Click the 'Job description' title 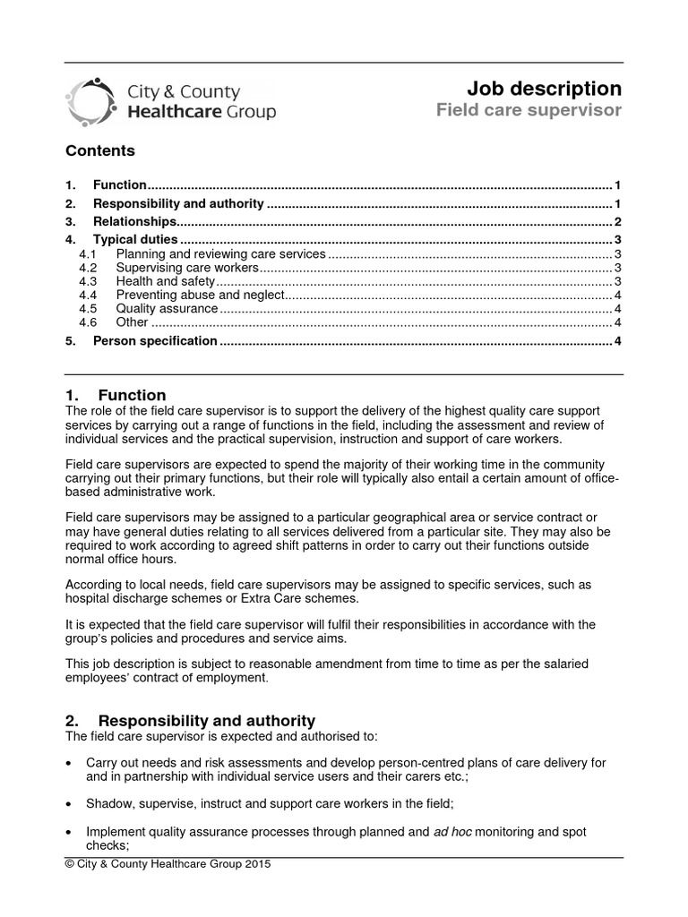[x=544, y=89]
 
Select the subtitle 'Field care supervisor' [x=528, y=111]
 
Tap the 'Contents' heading [x=100, y=150]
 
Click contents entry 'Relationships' [x=134, y=221]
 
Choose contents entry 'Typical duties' [x=135, y=240]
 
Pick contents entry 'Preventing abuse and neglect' [x=200, y=295]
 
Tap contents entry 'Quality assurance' [x=167, y=308]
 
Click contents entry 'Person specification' [x=155, y=340]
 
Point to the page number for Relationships [x=617, y=221]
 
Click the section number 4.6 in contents [x=87, y=321]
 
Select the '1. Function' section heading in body [x=116, y=395]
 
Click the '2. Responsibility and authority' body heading [x=191, y=720]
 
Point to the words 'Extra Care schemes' [x=290, y=597]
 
